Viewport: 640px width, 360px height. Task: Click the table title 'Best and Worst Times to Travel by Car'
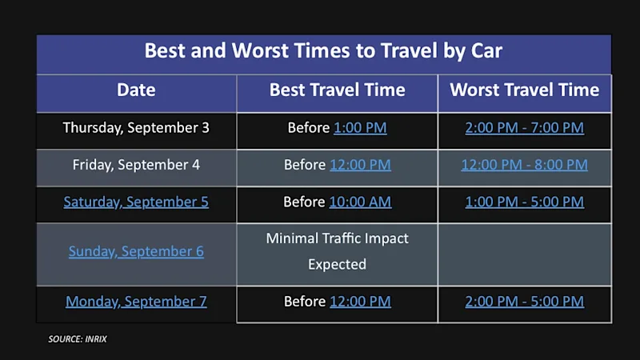(323, 50)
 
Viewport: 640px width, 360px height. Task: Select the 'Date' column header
(136, 90)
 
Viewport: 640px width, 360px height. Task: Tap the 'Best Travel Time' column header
(337, 90)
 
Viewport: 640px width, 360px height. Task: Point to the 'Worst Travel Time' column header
(525, 90)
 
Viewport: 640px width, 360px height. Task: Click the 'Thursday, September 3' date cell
(136, 128)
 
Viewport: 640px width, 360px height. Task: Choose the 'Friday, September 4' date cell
(136, 165)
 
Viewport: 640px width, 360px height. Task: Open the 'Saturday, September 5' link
(136, 202)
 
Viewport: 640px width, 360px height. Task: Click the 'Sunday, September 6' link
(136, 251)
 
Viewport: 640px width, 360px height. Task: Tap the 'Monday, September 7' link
(136, 302)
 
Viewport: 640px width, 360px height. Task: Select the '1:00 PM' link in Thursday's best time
(360, 128)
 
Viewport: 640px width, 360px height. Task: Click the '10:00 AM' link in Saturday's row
(360, 202)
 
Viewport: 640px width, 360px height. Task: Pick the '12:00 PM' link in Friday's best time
(360, 165)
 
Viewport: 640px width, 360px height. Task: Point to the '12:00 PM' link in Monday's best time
(360, 302)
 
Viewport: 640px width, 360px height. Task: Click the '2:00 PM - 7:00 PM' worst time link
(525, 128)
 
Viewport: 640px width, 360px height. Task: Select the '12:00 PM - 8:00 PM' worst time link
(525, 165)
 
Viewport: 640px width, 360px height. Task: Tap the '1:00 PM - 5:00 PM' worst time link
(525, 202)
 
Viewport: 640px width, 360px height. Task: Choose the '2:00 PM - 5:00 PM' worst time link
(525, 302)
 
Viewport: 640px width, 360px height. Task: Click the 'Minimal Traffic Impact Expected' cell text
(337, 251)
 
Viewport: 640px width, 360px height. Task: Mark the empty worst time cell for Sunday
(525, 254)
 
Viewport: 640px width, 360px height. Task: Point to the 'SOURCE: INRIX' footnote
(78, 339)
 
